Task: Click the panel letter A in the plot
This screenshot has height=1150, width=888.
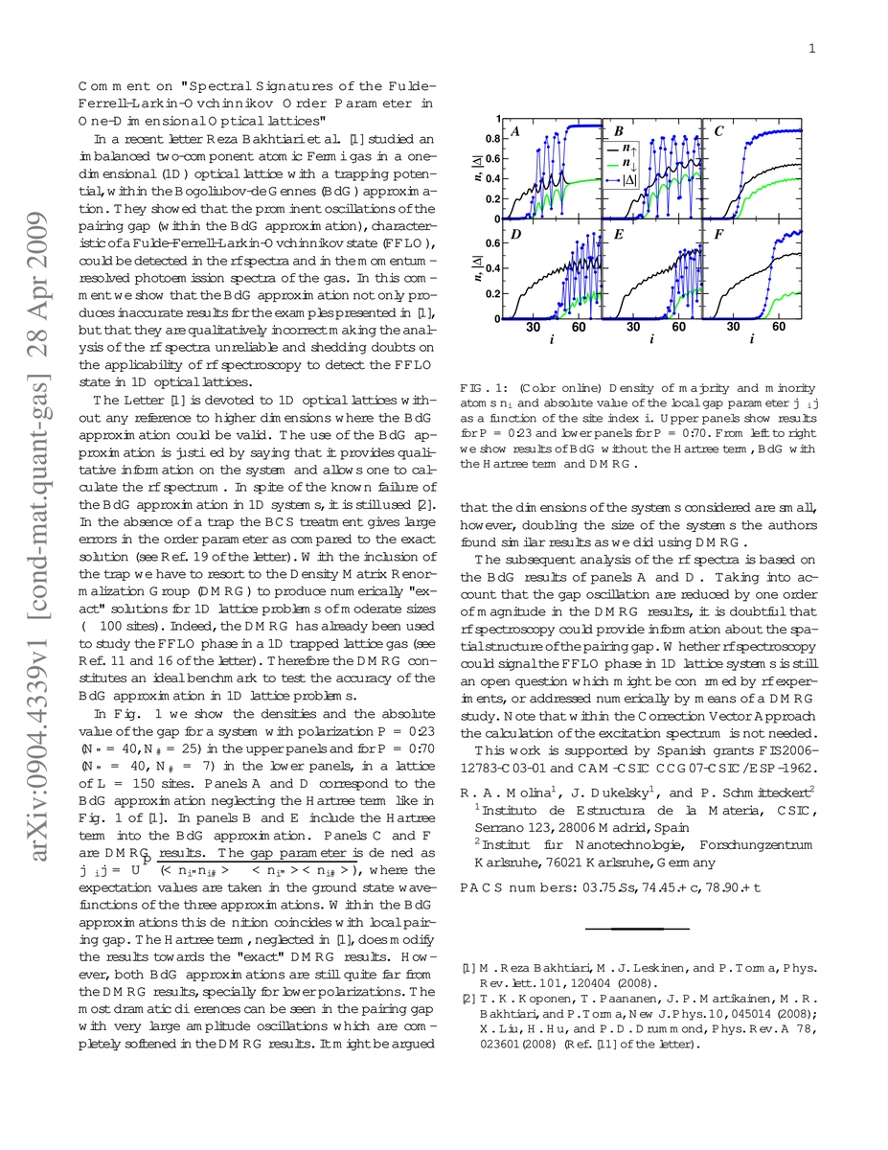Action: (516, 131)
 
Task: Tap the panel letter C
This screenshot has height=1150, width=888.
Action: (718, 131)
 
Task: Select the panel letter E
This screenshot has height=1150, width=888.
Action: (619, 233)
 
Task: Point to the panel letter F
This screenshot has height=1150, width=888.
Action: (718, 233)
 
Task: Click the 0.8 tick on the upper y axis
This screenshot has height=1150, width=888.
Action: (492, 138)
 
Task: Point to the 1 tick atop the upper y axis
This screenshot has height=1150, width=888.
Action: (497, 119)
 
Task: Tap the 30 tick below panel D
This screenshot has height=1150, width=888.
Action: (533, 328)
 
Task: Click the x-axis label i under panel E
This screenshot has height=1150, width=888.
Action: (651, 339)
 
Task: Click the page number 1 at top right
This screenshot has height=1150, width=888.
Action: (810, 50)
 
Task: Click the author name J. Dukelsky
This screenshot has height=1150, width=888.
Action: (601, 793)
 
